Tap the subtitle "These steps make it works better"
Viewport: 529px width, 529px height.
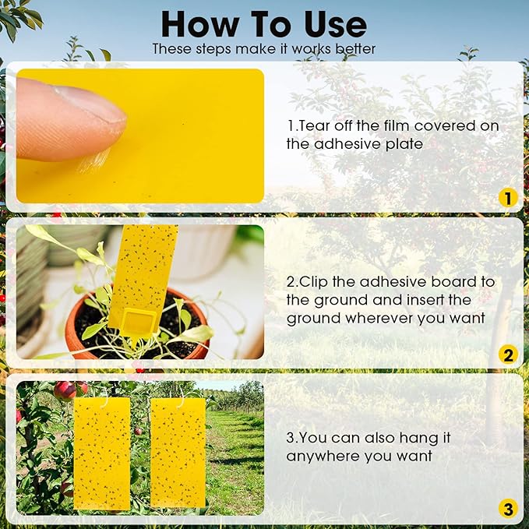coord(263,49)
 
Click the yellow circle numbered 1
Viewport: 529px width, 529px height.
coord(507,199)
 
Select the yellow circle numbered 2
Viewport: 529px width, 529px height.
coord(507,355)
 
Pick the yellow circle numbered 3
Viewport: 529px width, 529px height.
coord(507,510)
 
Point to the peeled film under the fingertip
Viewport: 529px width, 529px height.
coord(95,159)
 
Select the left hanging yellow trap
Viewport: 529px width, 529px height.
coord(101,452)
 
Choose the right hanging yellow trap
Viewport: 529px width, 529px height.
coord(178,452)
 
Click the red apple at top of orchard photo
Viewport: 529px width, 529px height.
coord(65,390)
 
